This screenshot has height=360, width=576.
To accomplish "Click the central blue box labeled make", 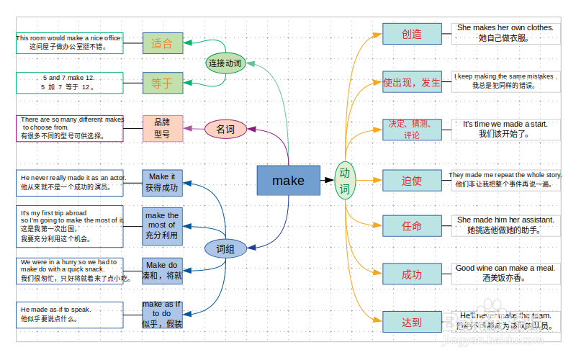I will [x=288, y=180].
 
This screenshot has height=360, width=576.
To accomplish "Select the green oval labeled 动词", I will [x=345, y=181].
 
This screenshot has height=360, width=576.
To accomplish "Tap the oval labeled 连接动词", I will [x=225, y=63].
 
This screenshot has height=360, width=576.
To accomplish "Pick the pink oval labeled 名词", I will [x=225, y=130].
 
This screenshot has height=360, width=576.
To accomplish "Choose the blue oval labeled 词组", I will [x=226, y=248].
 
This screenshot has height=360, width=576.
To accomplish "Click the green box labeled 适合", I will [x=163, y=43].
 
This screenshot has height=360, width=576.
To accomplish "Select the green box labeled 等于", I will [x=163, y=83].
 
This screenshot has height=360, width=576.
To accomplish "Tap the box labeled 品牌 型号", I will [x=163, y=128].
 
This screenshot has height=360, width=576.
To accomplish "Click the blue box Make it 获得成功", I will [x=163, y=183].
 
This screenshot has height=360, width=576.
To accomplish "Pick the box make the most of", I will [x=163, y=225].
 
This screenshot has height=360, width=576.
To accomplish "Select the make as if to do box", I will [x=163, y=314].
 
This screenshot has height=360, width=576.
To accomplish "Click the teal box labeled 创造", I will [x=412, y=34].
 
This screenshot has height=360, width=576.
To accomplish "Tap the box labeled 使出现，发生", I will [x=412, y=82].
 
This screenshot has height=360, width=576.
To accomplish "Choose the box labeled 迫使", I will [x=412, y=180].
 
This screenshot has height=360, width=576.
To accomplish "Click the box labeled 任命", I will [x=412, y=226].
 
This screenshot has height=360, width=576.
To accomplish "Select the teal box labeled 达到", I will [x=412, y=322].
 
